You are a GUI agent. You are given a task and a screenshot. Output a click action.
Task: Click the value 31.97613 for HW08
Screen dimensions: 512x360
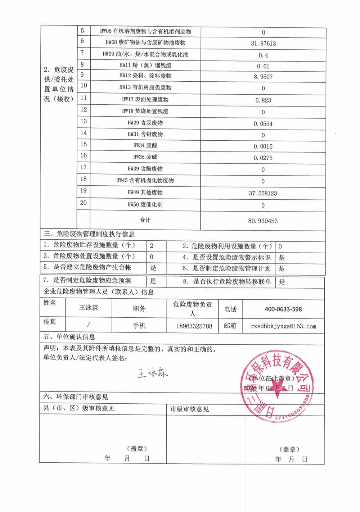coord(263,44)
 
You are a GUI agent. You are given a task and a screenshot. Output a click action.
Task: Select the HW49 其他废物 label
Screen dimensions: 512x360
coord(145,192)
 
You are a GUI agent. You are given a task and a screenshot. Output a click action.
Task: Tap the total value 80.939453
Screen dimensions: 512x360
coord(263,221)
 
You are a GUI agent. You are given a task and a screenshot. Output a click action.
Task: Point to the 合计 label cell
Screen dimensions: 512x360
coord(145,220)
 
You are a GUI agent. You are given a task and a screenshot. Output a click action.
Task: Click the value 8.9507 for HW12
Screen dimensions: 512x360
coord(263,77)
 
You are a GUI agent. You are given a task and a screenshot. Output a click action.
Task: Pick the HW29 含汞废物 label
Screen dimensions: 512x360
coord(145,123)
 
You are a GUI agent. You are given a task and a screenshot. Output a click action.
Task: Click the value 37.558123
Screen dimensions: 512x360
coord(263,193)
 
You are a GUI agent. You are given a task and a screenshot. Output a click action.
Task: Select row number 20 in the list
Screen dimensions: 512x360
coord(84,203)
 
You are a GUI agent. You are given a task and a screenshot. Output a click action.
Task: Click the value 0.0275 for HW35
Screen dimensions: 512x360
coord(263,158)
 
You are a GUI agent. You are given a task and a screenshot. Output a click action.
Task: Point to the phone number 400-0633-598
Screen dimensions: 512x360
coord(283,309)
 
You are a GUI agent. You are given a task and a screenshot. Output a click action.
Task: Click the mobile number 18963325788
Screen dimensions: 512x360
coord(194,326)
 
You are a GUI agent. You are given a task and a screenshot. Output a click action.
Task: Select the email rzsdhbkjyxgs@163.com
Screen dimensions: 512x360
coord(283,326)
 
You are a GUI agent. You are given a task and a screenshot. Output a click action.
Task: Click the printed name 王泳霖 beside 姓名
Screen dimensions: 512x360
coord(89,308)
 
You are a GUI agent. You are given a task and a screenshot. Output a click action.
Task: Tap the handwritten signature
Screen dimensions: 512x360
coord(153,373)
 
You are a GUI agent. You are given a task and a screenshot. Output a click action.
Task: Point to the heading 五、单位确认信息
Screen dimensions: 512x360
coord(69,337)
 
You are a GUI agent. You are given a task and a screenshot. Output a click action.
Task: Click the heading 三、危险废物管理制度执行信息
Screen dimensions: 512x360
coord(89,234)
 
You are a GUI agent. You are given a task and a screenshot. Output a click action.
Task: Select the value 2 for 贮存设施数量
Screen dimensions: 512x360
coord(152,246)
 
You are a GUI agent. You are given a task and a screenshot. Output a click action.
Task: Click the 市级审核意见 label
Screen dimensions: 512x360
coord(189,409)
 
